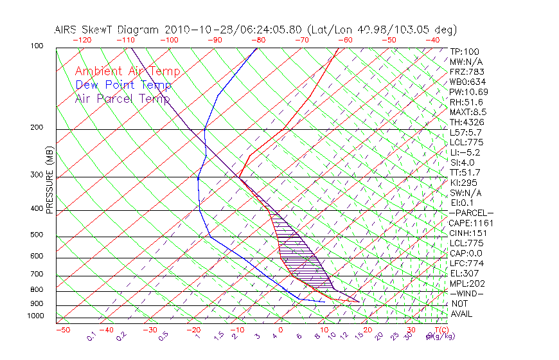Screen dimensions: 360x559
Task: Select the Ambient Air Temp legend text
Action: pos(127,71)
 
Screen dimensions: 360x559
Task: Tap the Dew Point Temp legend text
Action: pos(123,85)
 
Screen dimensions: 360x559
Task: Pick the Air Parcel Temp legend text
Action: pos(122,98)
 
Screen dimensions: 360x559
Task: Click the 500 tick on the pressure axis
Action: pos(37,235)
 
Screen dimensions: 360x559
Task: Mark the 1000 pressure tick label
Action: pos(35,316)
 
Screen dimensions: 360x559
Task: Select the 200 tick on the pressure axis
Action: pos(37,128)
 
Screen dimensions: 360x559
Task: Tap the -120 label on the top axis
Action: pos(82,40)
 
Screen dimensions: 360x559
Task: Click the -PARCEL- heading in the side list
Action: pos(471,213)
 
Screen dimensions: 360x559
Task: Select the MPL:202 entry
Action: pos(466,283)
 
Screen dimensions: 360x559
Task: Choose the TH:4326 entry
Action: pos(466,122)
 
